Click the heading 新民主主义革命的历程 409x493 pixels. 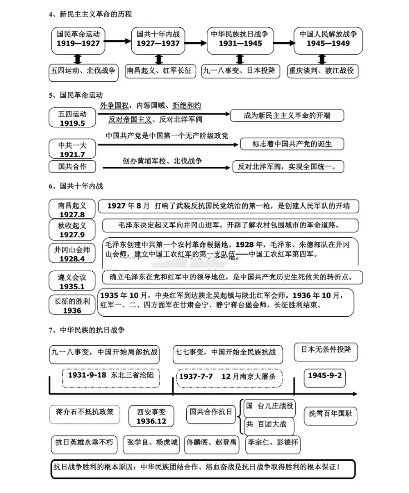[x=95, y=15]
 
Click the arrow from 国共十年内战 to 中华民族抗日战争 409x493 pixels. [x=196, y=44]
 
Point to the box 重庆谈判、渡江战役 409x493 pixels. [x=322, y=71]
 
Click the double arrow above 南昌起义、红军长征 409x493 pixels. [x=159, y=60]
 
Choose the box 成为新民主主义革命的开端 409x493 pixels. [x=287, y=115]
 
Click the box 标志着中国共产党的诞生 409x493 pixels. [x=292, y=144]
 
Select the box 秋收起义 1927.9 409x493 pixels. [x=72, y=230]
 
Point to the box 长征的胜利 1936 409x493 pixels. [x=72, y=305]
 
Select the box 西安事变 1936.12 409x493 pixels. [x=151, y=416]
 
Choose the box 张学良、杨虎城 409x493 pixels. [x=151, y=443]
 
